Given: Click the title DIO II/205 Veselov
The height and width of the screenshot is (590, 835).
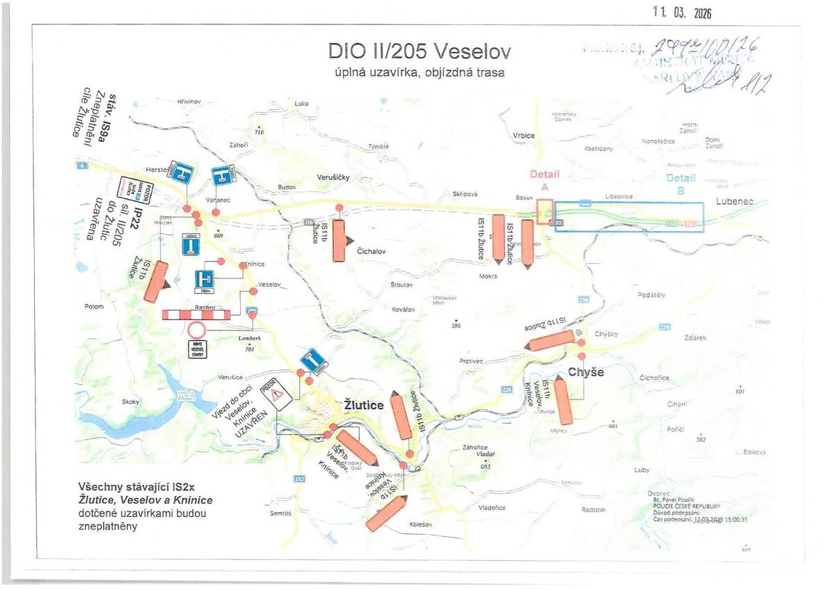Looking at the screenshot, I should (x=419, y=51).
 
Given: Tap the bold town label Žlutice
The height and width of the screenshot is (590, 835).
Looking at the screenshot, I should (x=364, y=405).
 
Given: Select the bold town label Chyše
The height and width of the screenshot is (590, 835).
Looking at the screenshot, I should (x=586, y=372).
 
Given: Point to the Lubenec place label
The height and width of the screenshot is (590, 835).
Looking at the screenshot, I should (x=734, y=202).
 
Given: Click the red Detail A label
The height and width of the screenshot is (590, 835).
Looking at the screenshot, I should (x=545, y=180).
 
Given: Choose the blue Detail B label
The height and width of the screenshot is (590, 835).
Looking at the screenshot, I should (x=681, y=183).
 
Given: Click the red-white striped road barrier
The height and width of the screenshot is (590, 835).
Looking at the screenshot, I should (x=196, y=314).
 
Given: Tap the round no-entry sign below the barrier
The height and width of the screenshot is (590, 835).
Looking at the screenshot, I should (x=197, y=330).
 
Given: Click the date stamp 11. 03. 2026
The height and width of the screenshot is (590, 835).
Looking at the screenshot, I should (x=683, y=13).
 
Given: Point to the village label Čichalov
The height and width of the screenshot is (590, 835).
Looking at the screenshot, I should (x=371, y=251).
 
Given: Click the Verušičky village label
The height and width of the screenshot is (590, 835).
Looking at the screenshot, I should (x=333, y=177).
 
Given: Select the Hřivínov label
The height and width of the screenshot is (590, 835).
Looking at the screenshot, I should (x=189, y=102).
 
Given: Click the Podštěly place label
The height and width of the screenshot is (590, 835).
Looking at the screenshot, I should (x=651, y=295).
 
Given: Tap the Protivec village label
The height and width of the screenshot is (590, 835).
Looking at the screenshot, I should (x=471, y=361).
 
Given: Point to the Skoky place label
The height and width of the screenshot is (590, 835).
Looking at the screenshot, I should (x=131, y=401).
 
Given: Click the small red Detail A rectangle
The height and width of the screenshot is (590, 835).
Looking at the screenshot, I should (x=546, y=212).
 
